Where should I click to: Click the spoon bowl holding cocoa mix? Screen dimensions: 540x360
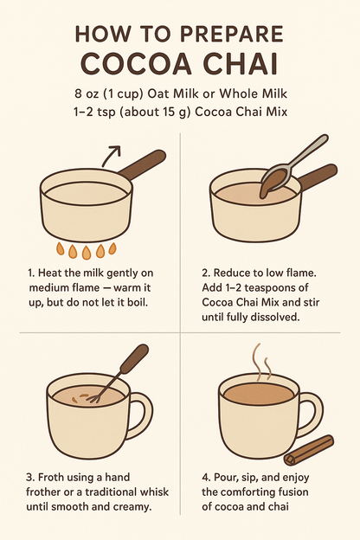point(273,180)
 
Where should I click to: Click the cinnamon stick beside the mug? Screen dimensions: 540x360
point(309,450)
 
